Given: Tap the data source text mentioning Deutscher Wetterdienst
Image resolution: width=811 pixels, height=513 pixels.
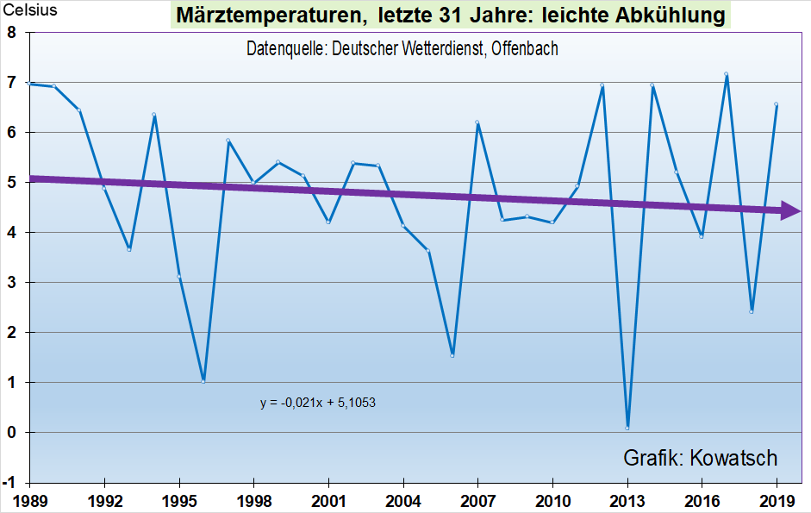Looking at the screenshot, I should [402, 49].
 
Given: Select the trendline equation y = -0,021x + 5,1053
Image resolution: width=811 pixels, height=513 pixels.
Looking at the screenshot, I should [318, 402].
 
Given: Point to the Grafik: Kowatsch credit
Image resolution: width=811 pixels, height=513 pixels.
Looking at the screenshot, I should [700, 458].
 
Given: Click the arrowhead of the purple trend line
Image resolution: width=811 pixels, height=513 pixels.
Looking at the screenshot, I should [792, 210].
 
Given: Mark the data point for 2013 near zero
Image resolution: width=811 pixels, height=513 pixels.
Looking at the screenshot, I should [627, 428].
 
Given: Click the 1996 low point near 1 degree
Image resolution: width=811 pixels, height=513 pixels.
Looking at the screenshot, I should [203, 380].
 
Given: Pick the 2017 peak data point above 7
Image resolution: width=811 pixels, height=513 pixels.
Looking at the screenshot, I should [727, 75].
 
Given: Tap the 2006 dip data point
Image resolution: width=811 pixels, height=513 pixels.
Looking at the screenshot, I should [452, 355].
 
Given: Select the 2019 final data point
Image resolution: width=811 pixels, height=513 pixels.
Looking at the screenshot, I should [777, 104].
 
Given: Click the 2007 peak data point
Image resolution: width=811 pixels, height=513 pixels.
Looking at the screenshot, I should [477, 122].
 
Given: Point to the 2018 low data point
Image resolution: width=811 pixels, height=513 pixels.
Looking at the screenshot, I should [752, 311].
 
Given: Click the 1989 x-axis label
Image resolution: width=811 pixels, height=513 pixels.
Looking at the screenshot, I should [29, 499].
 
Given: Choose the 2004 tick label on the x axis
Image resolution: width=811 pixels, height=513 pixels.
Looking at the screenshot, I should [402, 499].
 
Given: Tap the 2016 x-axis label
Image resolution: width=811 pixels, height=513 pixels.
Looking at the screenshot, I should [702, 499].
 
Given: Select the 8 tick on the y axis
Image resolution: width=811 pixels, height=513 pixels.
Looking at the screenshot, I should [12, 33].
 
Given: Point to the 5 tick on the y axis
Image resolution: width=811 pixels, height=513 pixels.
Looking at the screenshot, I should [12, 183].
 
